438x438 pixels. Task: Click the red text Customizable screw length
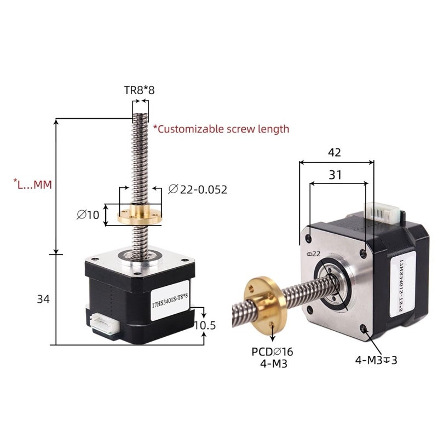[x=221, y=129]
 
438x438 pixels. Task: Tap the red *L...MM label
[x=32, y=185]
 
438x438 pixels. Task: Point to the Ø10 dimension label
[x=88, y=215]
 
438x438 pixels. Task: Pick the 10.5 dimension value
[x=205, y=325]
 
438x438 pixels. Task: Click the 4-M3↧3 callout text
[x=375, y=360]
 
